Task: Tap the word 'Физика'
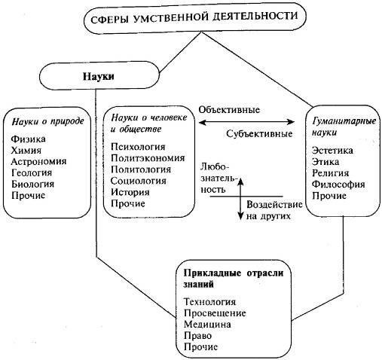point(29,139)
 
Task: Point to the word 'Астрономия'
point(40,161)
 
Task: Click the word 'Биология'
point(34,184)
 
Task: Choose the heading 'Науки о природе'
point(47,120)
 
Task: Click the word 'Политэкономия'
point(147,157)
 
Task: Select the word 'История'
point(130,192)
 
